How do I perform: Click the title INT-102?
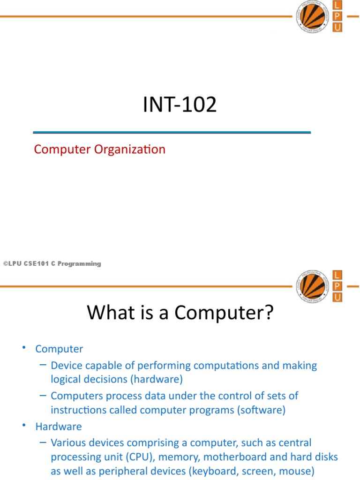click(x=180, y=105)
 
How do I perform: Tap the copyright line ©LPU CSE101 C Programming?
click(x=52, y=264)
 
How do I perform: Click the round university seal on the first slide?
click(x=310, y=16)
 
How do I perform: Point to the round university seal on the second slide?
click(x=310, y=285)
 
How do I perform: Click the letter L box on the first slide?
click(x=337, y=6)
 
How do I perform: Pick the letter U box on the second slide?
click(x=337, y=297)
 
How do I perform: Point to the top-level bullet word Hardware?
click(x=59, y=427)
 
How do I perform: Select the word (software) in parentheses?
click(x=261, y=410)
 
